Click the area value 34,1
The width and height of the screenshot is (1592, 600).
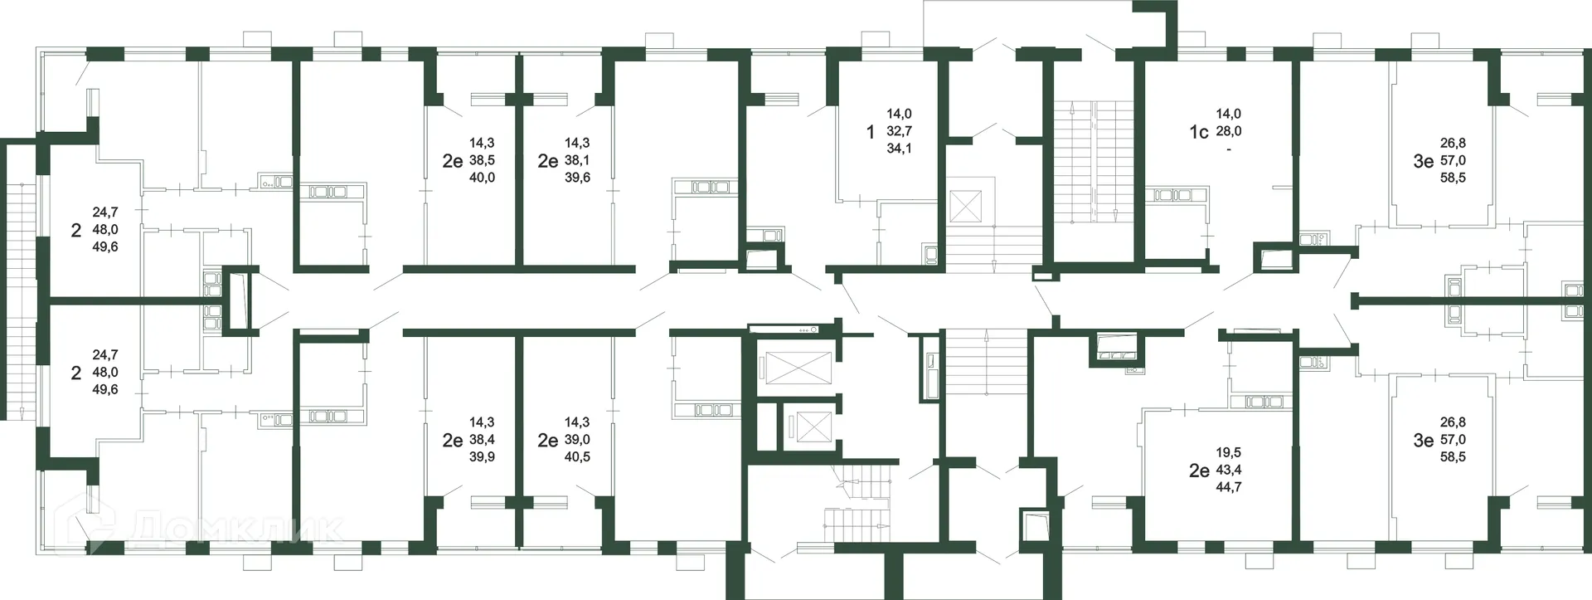pos(899,149)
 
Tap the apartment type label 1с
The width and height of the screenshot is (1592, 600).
pos(1198,132)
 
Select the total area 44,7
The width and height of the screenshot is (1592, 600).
pos(1228,487)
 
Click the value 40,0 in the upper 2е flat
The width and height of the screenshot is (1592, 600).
pos(482,178)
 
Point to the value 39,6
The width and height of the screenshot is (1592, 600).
pos(577,178)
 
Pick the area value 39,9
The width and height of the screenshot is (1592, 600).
pos(482,457)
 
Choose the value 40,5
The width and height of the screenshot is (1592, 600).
pos(577,457)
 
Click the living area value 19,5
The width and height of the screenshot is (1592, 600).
pos(1228,452)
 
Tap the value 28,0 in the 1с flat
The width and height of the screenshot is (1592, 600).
pos(1228,131)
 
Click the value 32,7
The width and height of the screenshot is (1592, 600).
pos(899,131)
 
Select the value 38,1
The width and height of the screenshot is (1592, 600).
pos(577,160)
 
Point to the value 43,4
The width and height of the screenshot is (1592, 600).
pos(1228,470)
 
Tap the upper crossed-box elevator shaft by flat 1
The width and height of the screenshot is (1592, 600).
pos(964,205)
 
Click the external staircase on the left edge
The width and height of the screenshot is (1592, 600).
pos(20,299)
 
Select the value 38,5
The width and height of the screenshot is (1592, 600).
pos(482,160)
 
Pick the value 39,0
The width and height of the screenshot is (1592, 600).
pos(577,440)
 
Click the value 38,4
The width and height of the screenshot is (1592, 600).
pos(482,440)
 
